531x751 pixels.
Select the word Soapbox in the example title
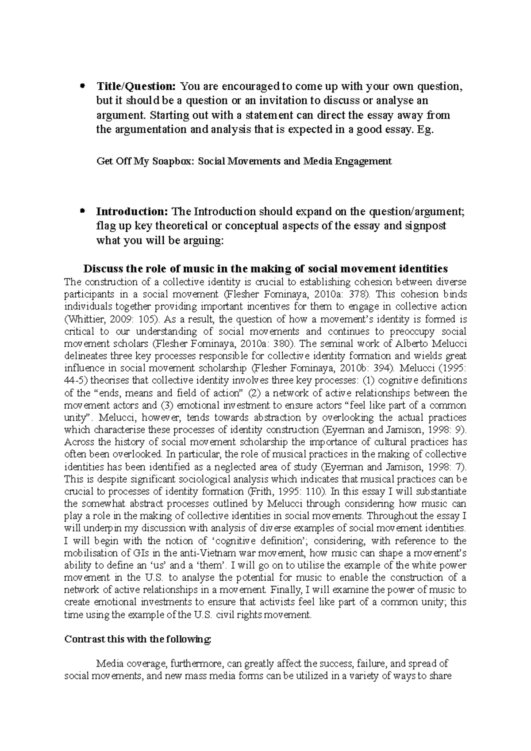click(176, 161)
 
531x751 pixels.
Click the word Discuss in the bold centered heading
click(102, 268)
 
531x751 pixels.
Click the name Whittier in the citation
click(84, 319)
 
